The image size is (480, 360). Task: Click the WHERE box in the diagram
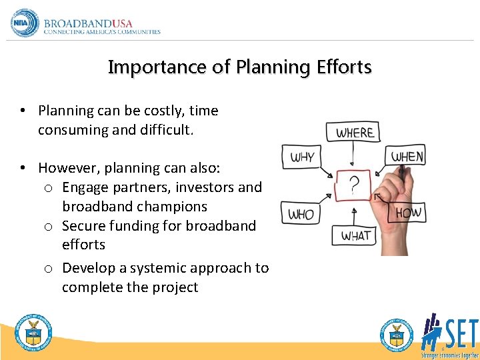[354, 132]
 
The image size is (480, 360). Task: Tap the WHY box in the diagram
[302, 158]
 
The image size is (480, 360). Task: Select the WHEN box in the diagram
[407, 157]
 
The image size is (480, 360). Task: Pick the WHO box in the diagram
[301, 214]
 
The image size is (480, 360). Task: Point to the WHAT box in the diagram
[356, 236]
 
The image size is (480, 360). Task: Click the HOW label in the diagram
[408, 213]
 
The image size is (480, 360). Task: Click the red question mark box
[353, 185]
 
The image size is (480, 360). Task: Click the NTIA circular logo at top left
[25, 23]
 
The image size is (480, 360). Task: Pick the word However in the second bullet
[67, 168]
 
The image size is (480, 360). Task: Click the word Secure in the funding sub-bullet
[85, 226]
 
